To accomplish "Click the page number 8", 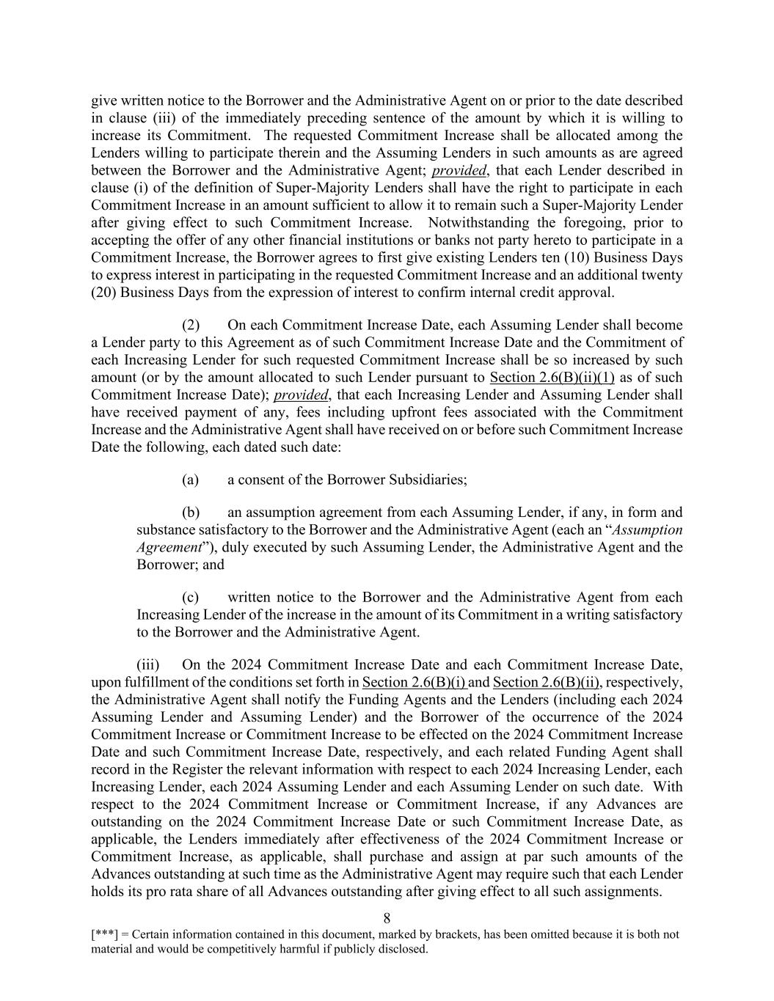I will tap(387, 918).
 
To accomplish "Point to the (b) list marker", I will tap(191, 513).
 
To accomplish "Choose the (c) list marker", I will tap(191, 598).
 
